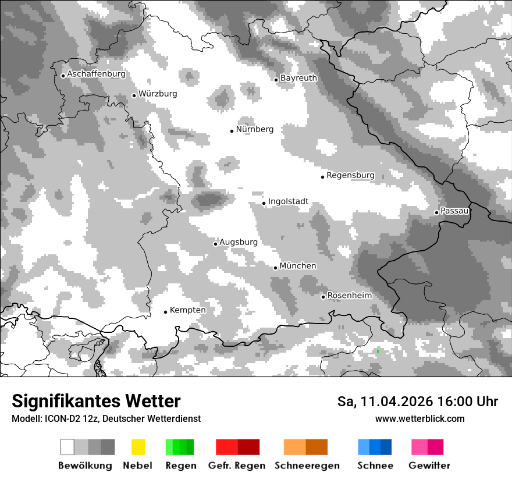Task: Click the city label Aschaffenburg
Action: tap(96, 74)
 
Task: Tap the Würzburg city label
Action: tap(158, 94)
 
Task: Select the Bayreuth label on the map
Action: tap(298, 78)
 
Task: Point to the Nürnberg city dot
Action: tap(232, 131)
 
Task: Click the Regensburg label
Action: tap(350, 175)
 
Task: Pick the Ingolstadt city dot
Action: tap(264, 203)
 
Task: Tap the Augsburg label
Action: tap(238, 242)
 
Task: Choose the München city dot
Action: tap(276, 268)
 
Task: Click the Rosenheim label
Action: tap(349, 296)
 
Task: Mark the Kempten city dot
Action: tap(165, 312)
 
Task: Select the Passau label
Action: tap(455, 211)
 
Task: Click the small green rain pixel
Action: tap(378, 351)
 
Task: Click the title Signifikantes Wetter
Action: tap(96, 401)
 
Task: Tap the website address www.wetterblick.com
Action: tap(420, 418)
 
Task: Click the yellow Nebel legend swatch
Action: tap(138, 447)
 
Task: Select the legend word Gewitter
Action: tap(429, 466)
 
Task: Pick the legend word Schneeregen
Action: tap(307, 466)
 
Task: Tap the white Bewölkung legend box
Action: tap(67, 447)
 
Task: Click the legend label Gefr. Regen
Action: tap(237, 466)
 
